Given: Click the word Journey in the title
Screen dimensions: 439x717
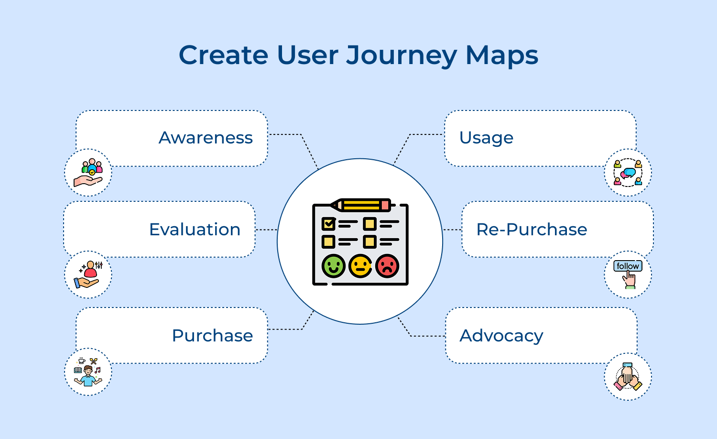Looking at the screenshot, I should [402, 55].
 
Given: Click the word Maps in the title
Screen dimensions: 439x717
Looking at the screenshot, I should [502, 55].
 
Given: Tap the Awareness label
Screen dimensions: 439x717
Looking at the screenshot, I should [206, 138].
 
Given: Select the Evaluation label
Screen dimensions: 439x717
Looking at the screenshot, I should [195, 230].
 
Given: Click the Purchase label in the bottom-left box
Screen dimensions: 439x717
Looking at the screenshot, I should [212, 336].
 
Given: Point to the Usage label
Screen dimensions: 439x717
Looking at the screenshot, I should [486, 138].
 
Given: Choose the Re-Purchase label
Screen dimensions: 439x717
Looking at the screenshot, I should [532, 230].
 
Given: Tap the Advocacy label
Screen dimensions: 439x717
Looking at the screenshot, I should [501, 336].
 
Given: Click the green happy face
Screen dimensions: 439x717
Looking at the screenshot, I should [333, 266].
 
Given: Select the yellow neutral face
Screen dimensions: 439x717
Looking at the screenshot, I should [360, 266].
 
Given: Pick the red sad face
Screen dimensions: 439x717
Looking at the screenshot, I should [387, 266].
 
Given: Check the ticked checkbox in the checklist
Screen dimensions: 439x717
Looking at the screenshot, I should [328, 223].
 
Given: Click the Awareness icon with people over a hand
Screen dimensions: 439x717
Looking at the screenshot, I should [88, 173].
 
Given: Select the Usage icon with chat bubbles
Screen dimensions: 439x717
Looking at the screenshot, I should [628, 173].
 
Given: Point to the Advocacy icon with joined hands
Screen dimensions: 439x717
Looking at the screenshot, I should [628, 377].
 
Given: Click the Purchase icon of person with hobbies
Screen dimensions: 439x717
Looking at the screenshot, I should [88, 372].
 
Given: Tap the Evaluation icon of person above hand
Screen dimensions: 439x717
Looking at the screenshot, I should [88, 275].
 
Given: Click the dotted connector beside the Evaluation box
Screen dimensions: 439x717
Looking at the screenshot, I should [266, 230].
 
